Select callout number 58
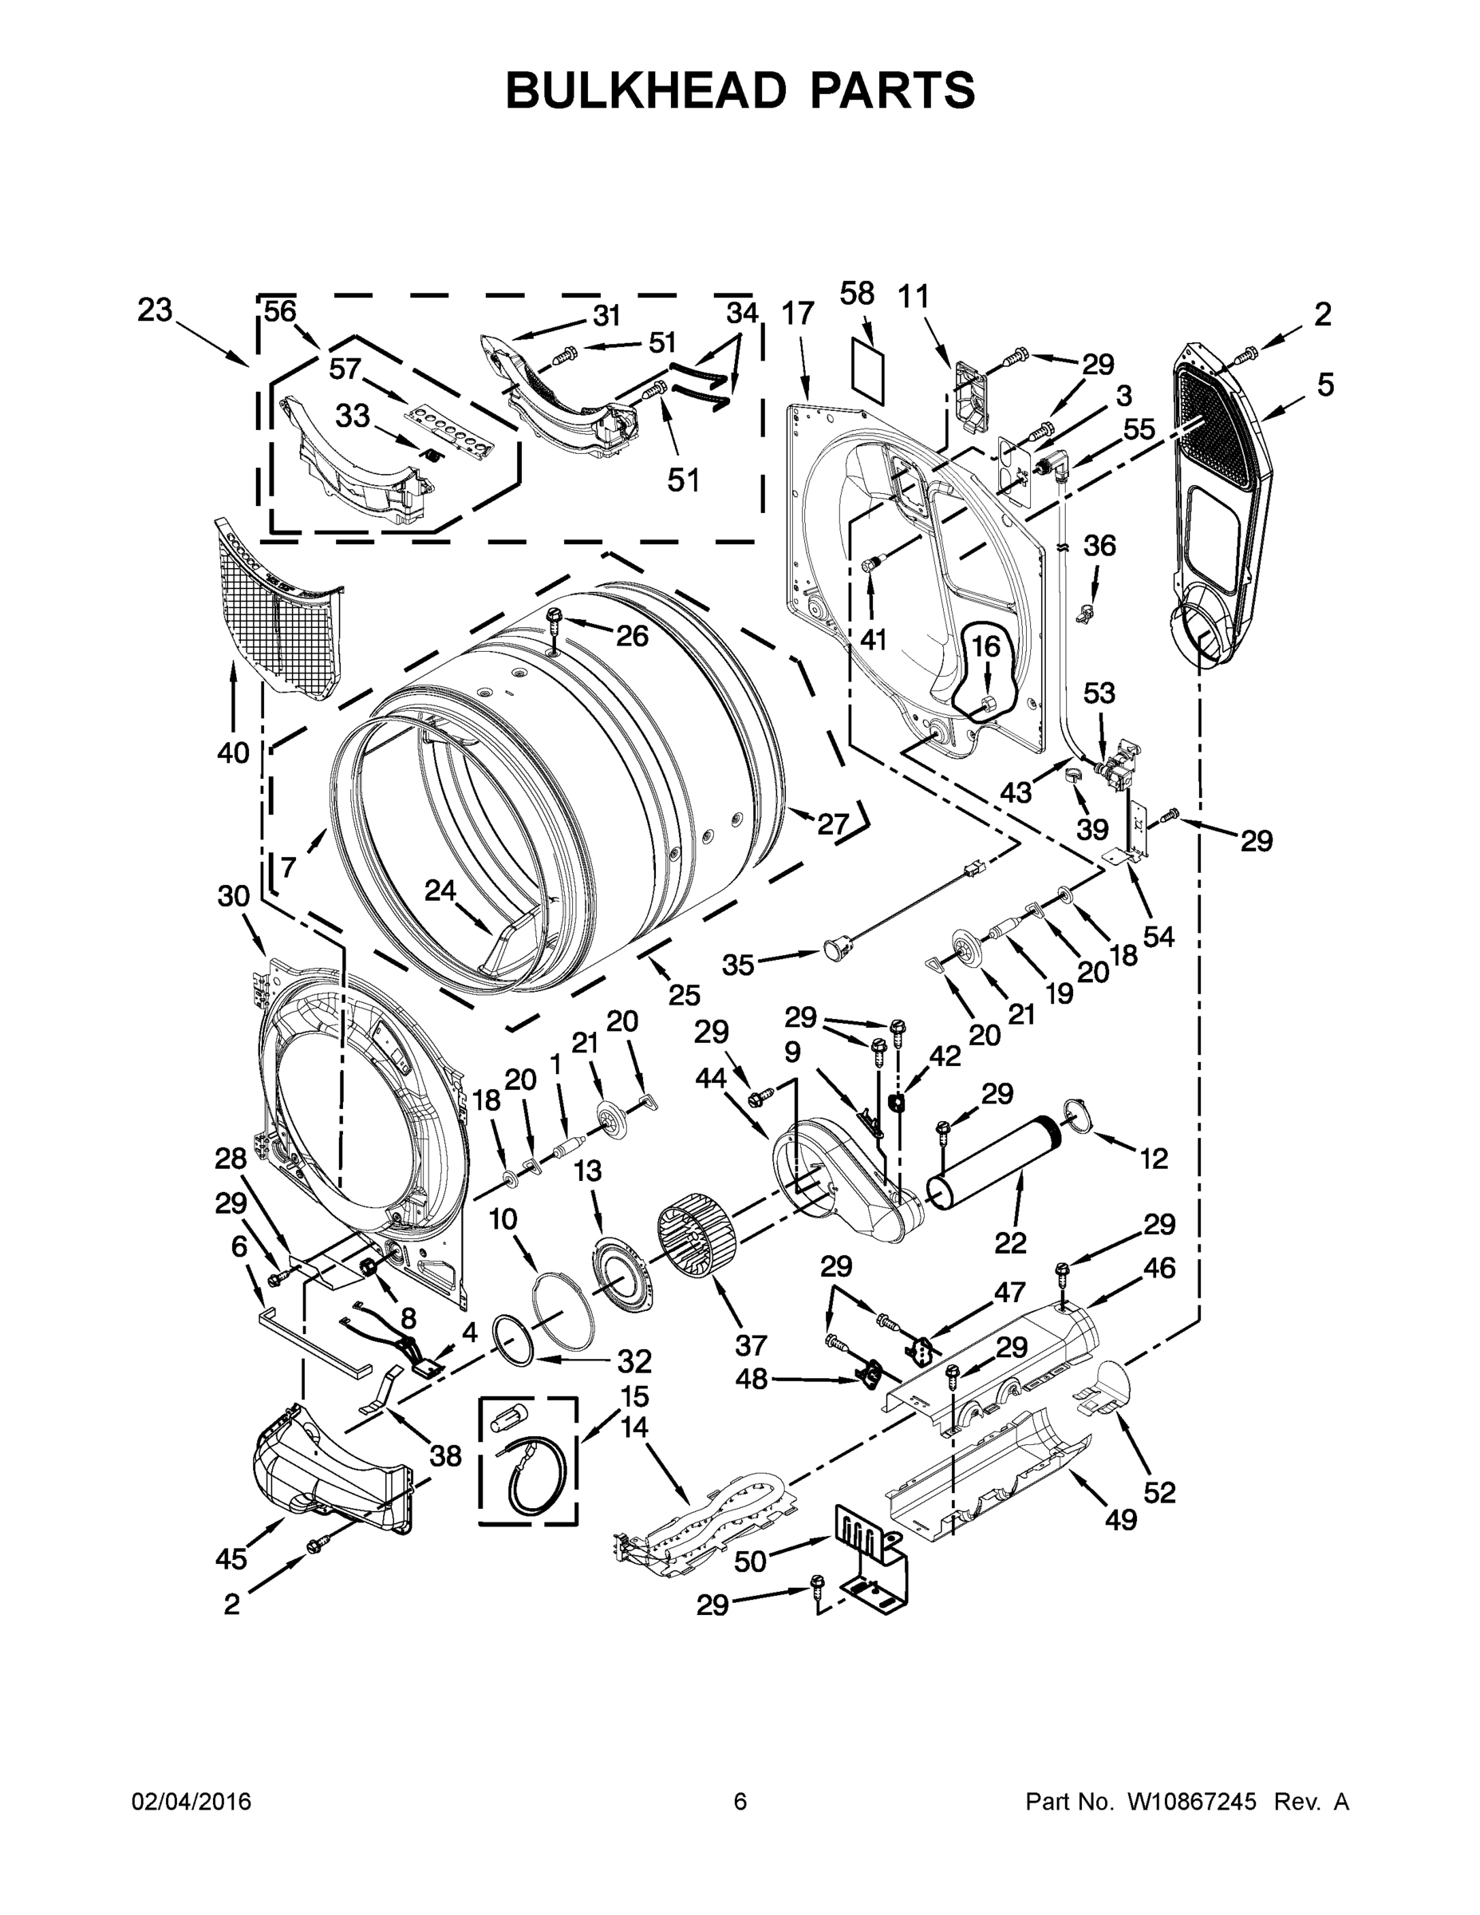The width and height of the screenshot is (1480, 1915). click(x=857, y=294)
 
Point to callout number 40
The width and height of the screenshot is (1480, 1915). click(x=233, y=752)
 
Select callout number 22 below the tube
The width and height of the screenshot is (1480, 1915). click(x=1011, y=1242)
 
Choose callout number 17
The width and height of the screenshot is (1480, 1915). click(x=798, y=312)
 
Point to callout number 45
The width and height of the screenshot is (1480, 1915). click(x=231, y=1558)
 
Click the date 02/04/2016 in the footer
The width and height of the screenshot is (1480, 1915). click(x=191, y=1801)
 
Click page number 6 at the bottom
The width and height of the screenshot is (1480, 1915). click(x=740, y=1801)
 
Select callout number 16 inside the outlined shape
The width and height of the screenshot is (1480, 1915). click(x=985, y=647)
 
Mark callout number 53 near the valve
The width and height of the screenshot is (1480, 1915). click(x=1099, y=693)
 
